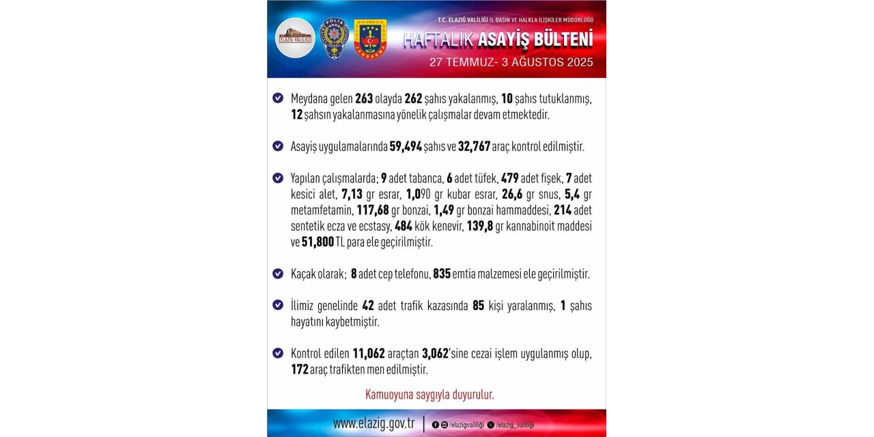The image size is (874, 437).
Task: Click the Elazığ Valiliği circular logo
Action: pyautogui.click(x=295, y=38)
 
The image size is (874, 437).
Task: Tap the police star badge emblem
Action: pyautogui.click(x=335, y=38)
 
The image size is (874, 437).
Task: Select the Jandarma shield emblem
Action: pyautogui.click(x=370, y=38)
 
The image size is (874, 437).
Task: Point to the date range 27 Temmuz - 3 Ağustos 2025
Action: pyautogui.click(x=511, y=61)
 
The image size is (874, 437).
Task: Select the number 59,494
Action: pyautogui.click(x=406, y=146)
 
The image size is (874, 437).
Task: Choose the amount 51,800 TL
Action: pyautogui.click(x=318, y=242)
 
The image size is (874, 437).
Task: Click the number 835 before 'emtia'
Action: pyautogui.click(x=442, y=274)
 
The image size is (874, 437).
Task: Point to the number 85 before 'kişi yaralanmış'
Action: pyautogui.click(x=479, y=305)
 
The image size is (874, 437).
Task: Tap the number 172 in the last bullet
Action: pyautogui.click(x=300, y=369)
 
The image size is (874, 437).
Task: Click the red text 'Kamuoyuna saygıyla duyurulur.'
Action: pyautogui.click(x=429, y=395)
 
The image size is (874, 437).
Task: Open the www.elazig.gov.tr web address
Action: pyautogui.click(x=374, y=423)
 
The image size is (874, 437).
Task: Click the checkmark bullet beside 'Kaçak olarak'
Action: pyautogui.click(x=278, y=274)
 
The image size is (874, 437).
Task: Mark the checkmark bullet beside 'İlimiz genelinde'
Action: pyautogui.click(x=278, y=305)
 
